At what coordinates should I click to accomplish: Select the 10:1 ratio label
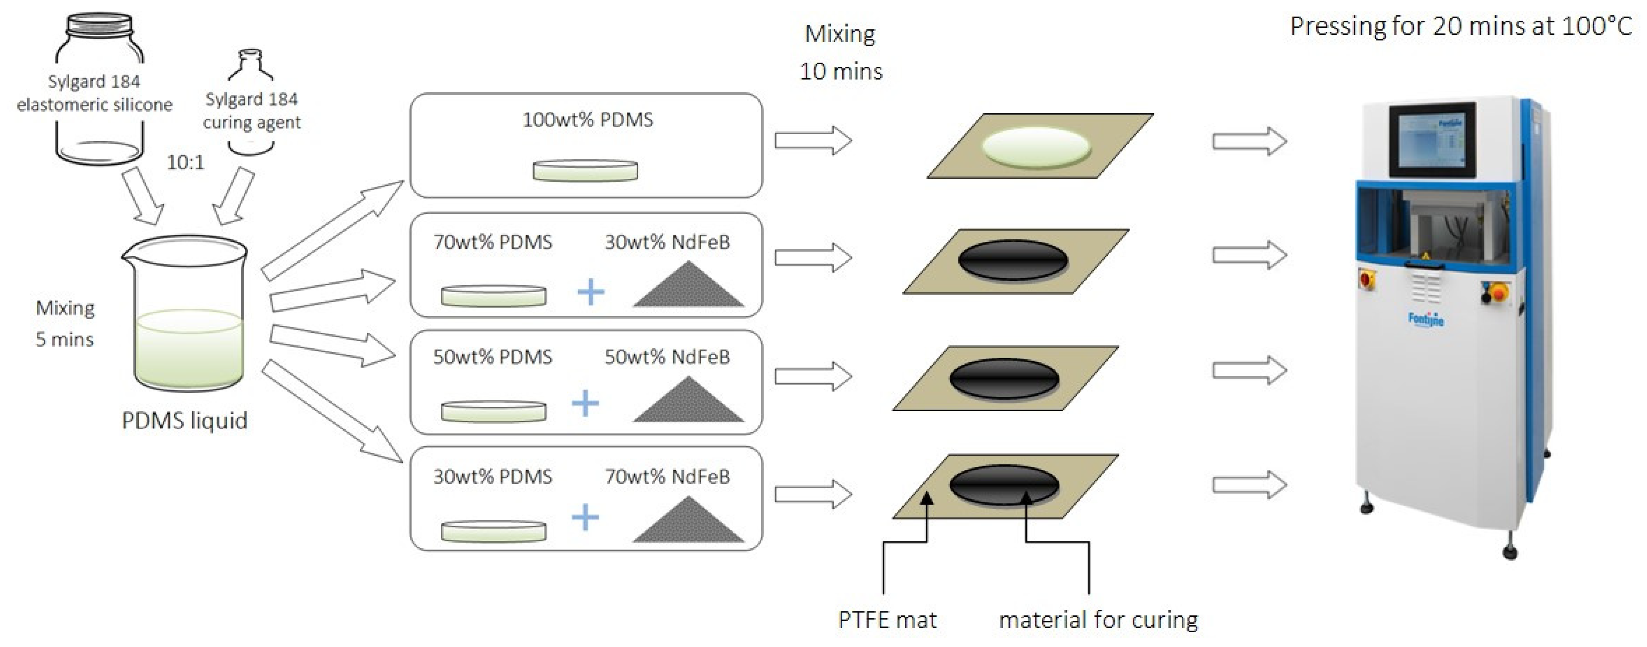coord(185,162)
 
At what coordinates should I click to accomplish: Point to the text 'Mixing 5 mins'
coord(65,323)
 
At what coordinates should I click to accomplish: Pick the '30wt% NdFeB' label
coord(667,242)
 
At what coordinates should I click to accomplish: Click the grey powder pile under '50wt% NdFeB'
coord(688,401)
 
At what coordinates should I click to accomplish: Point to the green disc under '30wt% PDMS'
coord(493,531)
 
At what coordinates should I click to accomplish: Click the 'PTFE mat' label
coord(887,620)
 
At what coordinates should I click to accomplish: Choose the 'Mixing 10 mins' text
coord(840,52)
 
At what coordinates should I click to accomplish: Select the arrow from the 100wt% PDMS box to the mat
coord(812,140)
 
